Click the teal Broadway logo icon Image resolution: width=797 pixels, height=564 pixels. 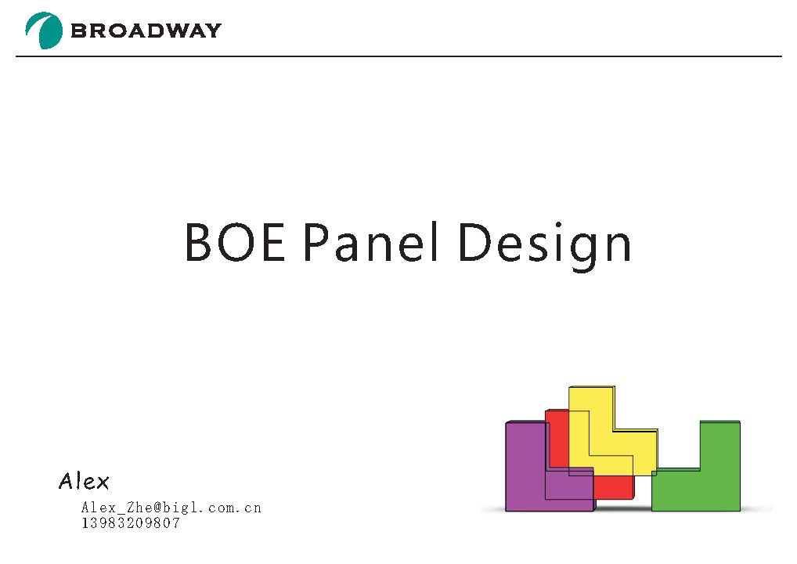point(44,31)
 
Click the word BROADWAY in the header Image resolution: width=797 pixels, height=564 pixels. point(146,31)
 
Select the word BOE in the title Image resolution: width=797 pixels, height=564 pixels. point(235,242)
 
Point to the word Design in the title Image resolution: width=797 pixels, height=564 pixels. point(545,247)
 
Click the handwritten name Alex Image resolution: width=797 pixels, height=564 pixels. point(84,481)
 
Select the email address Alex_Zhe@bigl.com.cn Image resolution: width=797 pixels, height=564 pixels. point(171,507)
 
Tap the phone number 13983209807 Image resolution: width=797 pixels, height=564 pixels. point(131,522)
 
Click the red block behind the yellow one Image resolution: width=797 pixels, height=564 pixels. point(557,437)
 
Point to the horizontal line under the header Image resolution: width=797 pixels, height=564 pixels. point(398,56)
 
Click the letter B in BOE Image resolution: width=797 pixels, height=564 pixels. point(198,243)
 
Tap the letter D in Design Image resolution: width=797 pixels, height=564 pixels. point(474,243)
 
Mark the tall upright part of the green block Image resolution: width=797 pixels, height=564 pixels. point(719,445)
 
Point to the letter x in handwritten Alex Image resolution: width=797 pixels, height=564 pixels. point(102,482)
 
